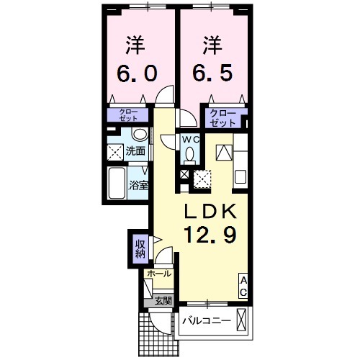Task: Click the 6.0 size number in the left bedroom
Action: (141, 73)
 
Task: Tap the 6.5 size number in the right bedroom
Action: (212, 73)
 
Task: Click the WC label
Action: (189, 139)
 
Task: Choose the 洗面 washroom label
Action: (136, 151)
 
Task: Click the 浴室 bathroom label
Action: (139, 185)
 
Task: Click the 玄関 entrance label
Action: (162, 301)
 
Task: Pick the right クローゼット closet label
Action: (222, 117)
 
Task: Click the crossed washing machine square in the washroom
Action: (115, 152)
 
